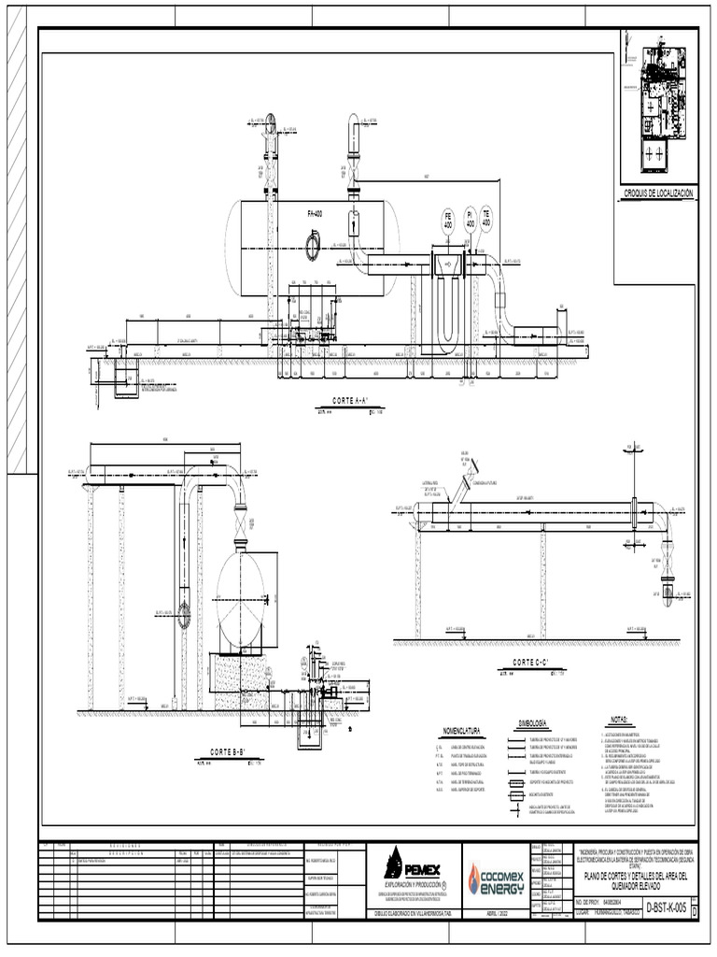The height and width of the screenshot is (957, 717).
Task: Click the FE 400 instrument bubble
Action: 448,223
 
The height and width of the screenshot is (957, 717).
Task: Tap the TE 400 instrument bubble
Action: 486,221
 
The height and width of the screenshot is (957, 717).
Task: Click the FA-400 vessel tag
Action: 315,214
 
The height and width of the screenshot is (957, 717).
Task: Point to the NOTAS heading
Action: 621,721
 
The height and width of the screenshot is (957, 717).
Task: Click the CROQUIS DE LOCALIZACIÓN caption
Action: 658,193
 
